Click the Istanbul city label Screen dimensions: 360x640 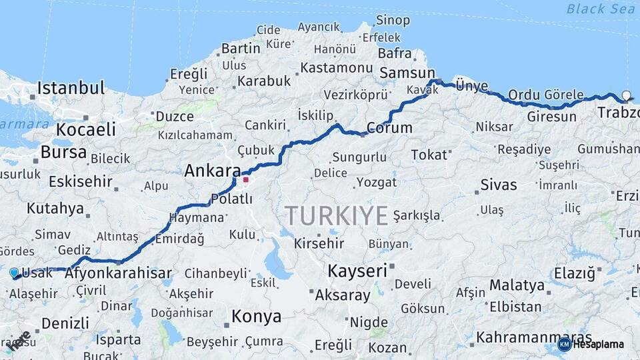point(71,88)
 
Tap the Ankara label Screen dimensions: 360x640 point(212,171)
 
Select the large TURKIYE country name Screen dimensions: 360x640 point(337,216)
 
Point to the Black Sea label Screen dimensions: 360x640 point(601,9)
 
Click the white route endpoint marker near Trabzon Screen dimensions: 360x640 point(626,95)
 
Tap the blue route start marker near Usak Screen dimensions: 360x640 point(14,273)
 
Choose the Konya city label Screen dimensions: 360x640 point(256,317)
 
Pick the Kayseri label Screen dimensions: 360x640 point(357,271)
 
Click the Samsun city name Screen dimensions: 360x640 point(406,73)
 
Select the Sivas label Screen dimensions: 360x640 point(499,184)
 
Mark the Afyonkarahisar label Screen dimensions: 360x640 point(118,273)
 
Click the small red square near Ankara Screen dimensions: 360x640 point(246,179)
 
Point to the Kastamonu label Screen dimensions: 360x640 point(336,68)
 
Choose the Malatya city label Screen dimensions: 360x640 point(517,286)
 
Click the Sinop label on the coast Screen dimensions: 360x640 point(393,20)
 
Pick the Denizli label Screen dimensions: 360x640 point(65,323)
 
